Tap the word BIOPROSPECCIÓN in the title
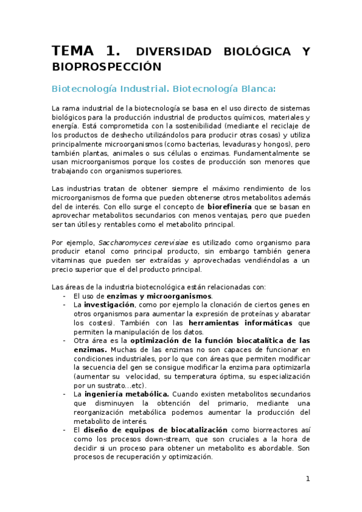107,66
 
